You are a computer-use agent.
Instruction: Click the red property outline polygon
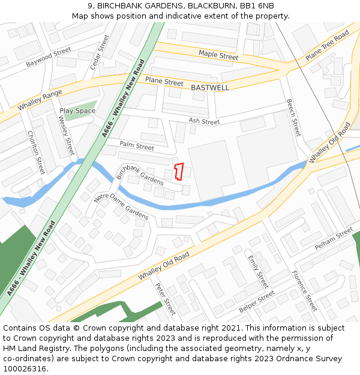tap(178, 171)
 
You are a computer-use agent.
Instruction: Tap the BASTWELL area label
tap(210, 88)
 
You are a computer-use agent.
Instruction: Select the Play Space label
tap(77, 111)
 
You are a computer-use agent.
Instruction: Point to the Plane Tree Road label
tap(327, 46)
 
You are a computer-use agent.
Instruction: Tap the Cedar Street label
tap(100, 52)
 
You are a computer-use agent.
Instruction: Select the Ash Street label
tap(204, 121)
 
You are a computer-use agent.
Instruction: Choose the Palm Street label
tap(137, 146)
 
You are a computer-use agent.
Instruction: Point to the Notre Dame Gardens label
tap(121, 206)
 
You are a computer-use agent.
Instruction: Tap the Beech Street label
tap(293, 118)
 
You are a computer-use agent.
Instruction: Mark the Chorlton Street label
tap(36, 152)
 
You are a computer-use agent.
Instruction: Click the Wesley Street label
tap(66, 136)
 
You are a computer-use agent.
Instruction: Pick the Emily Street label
tap(258, 271)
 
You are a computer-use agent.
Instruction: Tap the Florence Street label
tap(304, 290)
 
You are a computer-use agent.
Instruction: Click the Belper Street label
tap(256, 304)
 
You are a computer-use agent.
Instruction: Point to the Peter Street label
tap(165, 299)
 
